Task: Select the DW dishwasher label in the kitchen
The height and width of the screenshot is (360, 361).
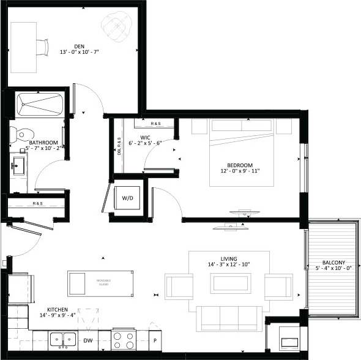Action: click(88, 340)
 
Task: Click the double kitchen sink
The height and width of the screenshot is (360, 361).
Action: click(63, 339)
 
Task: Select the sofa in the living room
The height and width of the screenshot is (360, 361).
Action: click(229, 317)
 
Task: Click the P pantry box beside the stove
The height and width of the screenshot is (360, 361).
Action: click(155, 340)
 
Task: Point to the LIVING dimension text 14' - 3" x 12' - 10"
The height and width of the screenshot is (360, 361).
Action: click(230, 265)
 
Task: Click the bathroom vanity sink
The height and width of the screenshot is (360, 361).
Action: click(18, 164)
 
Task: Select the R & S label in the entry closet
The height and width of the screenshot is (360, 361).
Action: click(38, 203)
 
